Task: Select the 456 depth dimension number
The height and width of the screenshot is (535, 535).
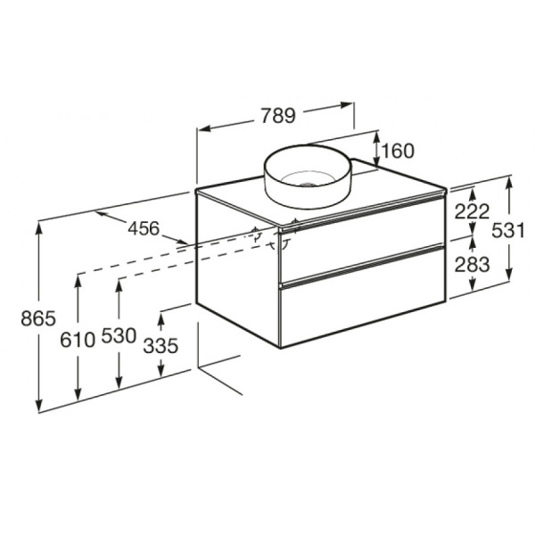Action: pos(143,229)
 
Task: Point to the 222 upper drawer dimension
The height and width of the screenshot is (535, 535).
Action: pos(473,212)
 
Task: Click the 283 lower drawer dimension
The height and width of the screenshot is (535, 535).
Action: pos(473,265)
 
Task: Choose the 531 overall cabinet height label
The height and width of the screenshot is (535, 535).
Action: pos(509,230)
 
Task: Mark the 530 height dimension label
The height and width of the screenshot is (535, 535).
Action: pos(119,337)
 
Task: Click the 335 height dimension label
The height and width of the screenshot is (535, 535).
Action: pos(161,346)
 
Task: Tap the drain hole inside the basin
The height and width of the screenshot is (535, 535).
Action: pos(308,185)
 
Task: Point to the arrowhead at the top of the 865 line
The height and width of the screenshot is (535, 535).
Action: pos(39,227)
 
